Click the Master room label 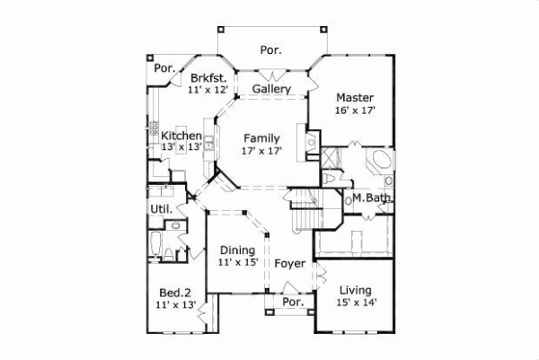[355, 97]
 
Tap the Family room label [262, 138]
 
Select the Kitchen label [169, 136]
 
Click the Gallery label [270, 90]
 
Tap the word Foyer [290, 264]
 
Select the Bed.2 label [175, 293]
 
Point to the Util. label [160, 210]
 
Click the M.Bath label [369, 198]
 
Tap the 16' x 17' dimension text [355, 110]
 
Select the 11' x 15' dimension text [238, 263]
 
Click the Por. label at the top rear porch [270, 50]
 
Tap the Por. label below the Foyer [293, 303]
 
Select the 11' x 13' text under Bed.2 [175, 305]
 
